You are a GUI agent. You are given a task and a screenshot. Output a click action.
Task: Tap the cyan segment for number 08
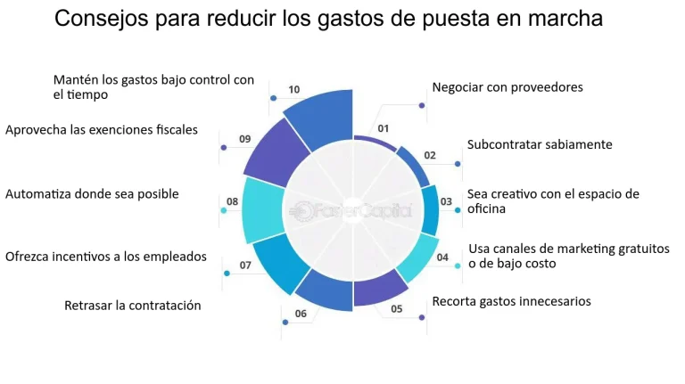click(262, 210)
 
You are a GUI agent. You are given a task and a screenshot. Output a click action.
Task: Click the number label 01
click(384, 128)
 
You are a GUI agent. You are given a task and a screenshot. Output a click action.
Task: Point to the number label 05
click(397, 309)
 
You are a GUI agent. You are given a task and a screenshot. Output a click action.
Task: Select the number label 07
click(245, 266)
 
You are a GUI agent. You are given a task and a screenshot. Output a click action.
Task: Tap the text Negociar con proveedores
click(507, 87)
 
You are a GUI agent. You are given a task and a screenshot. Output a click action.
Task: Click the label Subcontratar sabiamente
click(540, 143)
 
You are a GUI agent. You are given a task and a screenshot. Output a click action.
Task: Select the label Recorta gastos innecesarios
click(511, 301)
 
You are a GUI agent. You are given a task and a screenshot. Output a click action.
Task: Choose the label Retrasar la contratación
click(132, 306)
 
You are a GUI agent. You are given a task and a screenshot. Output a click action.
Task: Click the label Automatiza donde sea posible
click(92, 193)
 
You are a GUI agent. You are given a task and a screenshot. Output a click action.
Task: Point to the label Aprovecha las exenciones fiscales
click(101, 130)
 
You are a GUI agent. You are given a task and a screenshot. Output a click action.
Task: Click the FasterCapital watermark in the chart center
click(352, 211)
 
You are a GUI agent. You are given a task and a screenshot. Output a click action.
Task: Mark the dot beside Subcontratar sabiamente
click(458, 164)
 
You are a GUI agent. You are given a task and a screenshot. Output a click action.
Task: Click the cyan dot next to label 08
click(224, 210)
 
